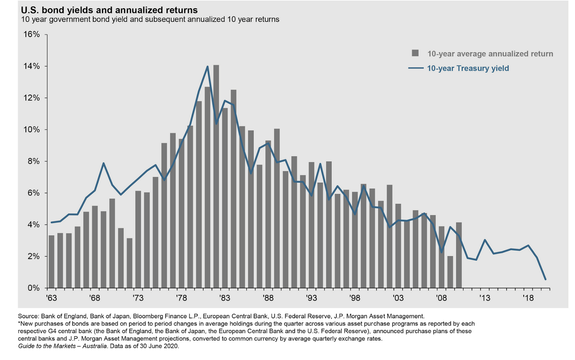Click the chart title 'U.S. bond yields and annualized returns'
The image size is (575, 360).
coord(109,10)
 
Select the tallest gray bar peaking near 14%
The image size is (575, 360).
coord(216,176)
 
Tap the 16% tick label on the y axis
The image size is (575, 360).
coord(32,34)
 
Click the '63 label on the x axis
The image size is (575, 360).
coord(51,298)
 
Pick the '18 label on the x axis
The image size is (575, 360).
coord(528,298)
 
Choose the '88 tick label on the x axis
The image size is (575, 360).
coord(268,298)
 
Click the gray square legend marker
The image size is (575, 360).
coord(415,53)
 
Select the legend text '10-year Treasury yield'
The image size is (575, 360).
coord(468,68)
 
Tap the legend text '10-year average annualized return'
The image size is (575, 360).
coord(490,54)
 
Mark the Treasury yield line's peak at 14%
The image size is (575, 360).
coord(207,66)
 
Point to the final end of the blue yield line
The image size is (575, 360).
coord(545,279)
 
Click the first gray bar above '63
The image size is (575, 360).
coord(51,262)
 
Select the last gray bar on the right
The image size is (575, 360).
coord(459,255)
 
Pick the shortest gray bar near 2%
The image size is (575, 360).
coord(450,272)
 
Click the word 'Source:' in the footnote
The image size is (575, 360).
coord(28,317)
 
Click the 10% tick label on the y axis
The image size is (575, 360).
coord(32,130)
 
